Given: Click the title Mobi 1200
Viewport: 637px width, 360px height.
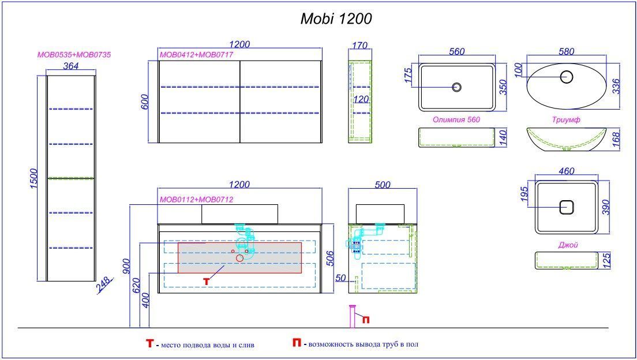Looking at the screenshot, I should coord(336,18).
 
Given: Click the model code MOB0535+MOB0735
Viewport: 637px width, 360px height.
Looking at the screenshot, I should coord(74,55).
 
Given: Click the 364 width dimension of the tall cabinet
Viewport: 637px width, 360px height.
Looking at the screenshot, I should coord(71,66).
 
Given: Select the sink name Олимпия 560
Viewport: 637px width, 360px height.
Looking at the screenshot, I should coord(456,120).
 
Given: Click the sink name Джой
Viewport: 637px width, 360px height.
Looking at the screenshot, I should coord(568,245).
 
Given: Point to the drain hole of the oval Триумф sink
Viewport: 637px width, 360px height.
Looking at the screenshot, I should coord(567,76).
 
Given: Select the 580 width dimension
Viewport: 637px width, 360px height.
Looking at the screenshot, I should coord(567,51).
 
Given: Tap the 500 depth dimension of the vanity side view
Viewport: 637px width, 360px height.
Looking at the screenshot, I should coord(383,185).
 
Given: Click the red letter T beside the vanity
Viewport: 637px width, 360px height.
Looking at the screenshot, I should coord(206,280).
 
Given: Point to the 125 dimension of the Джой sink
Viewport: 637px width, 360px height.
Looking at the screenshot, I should coord(606,261).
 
